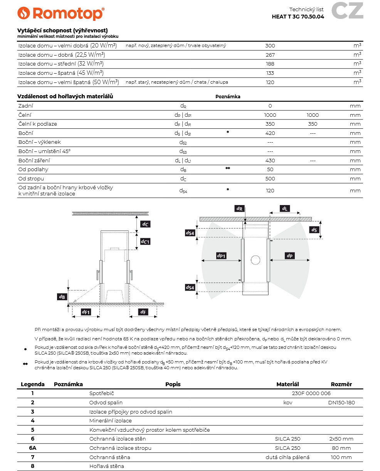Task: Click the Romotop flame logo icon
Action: (x=24, y=13)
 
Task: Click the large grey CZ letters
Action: (x=347, y=11)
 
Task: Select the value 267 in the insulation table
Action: (x=270, y=55)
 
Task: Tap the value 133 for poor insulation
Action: (x=270, y=73)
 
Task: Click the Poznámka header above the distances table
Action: (x=228, y=97)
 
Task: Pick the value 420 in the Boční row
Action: (x=270, y=133)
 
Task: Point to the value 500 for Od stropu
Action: (x=270, y=178)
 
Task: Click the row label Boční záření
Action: (x=34, y=160)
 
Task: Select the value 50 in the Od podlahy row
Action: (x=270, y=169)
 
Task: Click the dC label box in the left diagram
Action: (x=145, y=224)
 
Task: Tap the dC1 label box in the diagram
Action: (x=145, y=242)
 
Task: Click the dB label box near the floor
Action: (x=62, y=296)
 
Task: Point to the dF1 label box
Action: (x=86, y=312)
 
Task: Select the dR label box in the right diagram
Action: (x=239, y=209)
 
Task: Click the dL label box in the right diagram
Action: (x=284, y=209)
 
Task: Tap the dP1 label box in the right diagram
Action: (x=221, y=256)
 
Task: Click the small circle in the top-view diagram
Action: (x=256, y=260)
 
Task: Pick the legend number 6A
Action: (x=33, y=448)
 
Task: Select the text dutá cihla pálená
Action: (x=288, y=457)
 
